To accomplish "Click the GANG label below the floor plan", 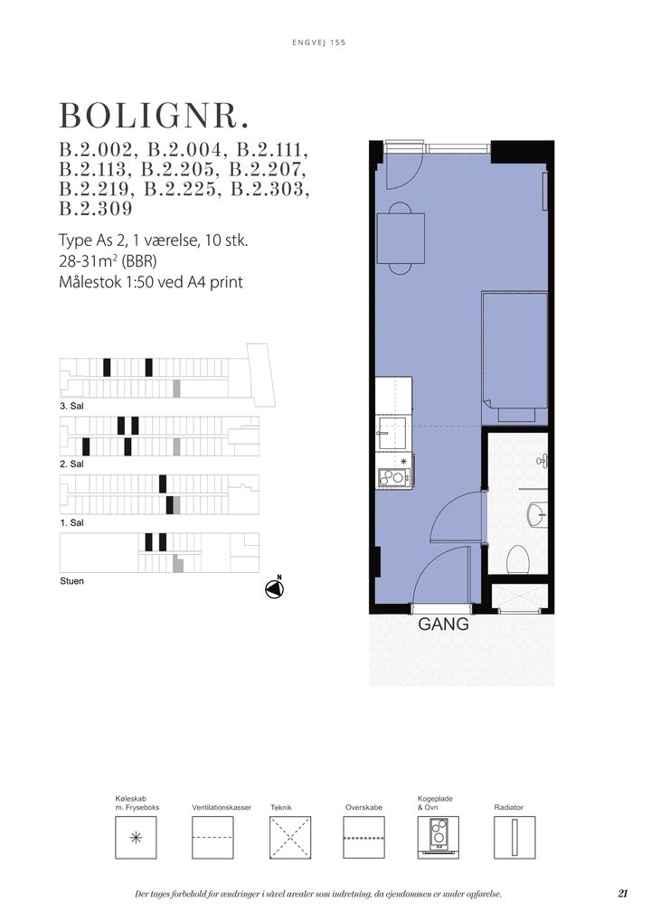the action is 443,624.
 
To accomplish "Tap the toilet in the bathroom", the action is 518,559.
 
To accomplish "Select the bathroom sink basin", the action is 538,514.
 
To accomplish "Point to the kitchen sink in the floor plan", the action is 393,433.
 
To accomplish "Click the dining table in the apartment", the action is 401,239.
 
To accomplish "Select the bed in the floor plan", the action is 514,357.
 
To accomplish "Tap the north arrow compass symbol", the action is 274,588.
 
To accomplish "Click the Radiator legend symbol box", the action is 514,837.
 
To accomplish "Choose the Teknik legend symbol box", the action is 290,837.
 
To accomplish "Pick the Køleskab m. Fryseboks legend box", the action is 136,837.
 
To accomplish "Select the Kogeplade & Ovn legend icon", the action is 438,837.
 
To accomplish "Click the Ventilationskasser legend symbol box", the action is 212,837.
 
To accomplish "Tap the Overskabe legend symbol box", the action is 364,837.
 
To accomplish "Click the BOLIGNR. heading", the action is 154,117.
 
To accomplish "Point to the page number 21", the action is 623,894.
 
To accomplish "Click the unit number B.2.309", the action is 96,209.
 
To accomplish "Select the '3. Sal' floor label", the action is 71,406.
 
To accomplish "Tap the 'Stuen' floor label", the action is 71,581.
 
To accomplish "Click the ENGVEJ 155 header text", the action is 319,42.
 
